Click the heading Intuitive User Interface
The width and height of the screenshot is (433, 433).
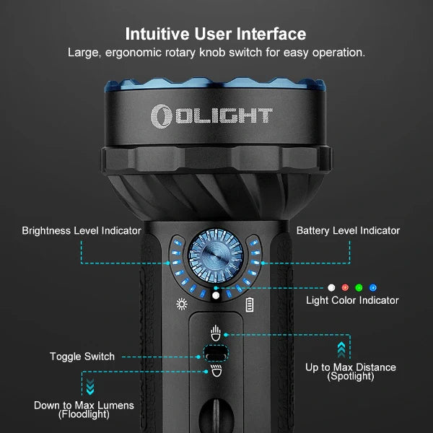coord(216,34)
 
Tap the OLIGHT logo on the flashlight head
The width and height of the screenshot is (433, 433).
coord(211,115)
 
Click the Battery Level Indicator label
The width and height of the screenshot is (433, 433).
coord(348,231)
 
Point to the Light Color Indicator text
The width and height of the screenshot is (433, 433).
coord(352,300)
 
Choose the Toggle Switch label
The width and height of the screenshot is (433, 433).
coord(82,357)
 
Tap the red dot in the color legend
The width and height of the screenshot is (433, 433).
coord(345,288)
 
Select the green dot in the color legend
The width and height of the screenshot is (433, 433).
coord(359,288)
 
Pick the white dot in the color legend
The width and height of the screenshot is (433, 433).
coord(331,288)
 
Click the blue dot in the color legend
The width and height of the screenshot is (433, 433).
coord(372,288)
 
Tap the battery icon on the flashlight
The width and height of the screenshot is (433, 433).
coord(250,305)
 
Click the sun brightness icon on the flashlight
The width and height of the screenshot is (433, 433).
coord(181,304)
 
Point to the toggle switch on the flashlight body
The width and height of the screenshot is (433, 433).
coord(215,353)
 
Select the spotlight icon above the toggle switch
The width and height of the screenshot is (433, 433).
coord(215,333)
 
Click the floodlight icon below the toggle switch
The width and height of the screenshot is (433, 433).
coord(215,372)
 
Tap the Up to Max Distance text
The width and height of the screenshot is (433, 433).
coord(350,367)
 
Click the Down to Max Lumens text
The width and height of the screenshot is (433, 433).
coord(84,406)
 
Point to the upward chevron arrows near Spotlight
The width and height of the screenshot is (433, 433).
coord(341,349)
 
